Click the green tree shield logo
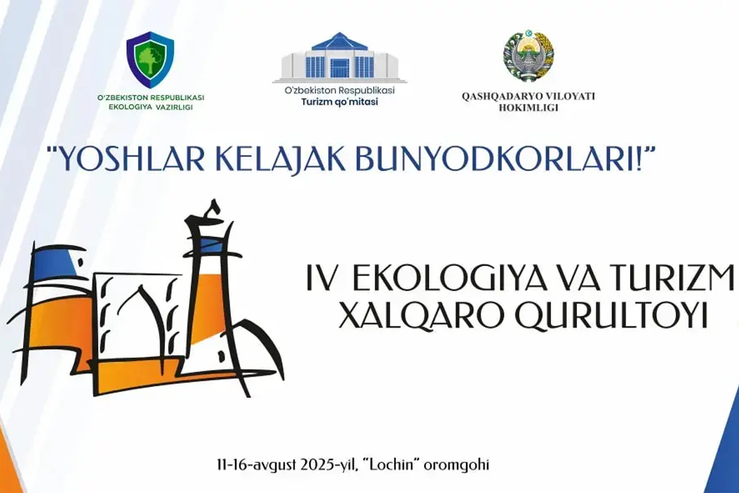point(150,60)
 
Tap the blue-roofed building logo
point(339,58)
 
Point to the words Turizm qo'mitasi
point(340,102)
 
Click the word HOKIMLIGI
point(528,108)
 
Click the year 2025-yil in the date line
point(330,465)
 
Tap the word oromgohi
point(456,465)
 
